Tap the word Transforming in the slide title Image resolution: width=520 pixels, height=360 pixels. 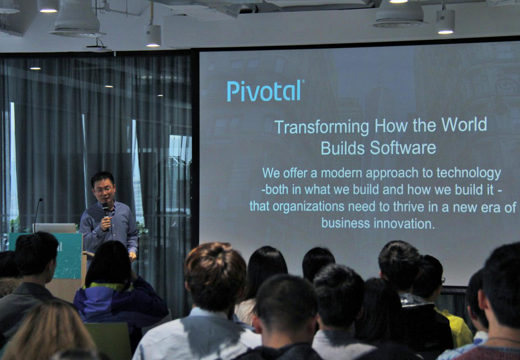[x=321, y=127]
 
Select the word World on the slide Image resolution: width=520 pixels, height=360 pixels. [x=464, y=124]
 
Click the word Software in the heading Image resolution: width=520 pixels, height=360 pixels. [x=403, y=148]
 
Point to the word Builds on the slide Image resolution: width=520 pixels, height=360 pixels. [x=343, y=148]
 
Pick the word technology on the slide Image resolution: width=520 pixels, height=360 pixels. [x=469, y=174]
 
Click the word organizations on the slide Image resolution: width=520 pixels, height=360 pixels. [x=309, y=207]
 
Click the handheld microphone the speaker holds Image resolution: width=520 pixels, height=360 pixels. [x=106, y=215]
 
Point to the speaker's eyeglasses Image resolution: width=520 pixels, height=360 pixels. [x=104, y=190]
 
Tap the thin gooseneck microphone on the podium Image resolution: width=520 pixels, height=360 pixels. [x=37, y=214]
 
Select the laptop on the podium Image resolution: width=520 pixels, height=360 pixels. [x=55, y=228]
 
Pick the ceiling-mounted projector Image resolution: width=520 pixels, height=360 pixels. [x=99, y=48]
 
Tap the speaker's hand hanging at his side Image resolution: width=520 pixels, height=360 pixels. [x=132, y=257]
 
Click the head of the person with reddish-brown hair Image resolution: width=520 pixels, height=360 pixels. [x=215, y=275]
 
